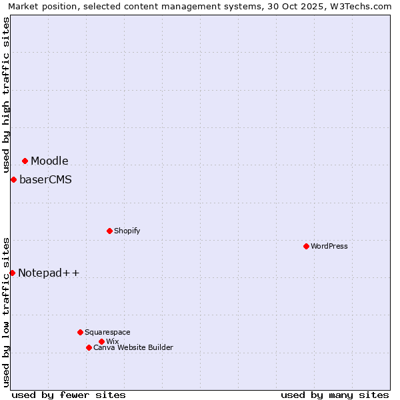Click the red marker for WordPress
(306, 246)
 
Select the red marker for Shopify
(109, 231)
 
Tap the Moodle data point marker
(25, 161)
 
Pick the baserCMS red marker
(13, 179)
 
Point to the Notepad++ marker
(12, 273)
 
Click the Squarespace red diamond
(80, 332)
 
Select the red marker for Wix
(101, 341)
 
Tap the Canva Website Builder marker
(89, 347)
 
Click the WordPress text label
(329, 246)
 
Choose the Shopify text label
(127, 231)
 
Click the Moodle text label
(49, 161)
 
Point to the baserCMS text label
(45, 179)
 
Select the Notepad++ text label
(49, 273)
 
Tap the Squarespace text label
(107, 332)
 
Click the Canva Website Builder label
(133, 347)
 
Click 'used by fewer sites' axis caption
(69, 395)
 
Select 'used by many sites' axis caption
(335, 395)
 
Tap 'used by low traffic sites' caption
(6, 311)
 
